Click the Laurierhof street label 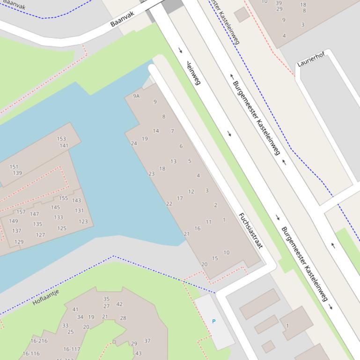tap(311, 59)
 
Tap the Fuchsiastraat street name tap(250, 230)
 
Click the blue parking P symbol tap(214, 322)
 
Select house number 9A tap(136, 96)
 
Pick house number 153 tap(61, 139)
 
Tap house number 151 tap(14, 167)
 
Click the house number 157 tap(21, 212)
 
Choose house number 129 tap(19, 242)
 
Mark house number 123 tap(83, 222)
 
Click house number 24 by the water tap(133, 144)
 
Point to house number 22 tap(169, 204)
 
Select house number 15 tap(215, 258)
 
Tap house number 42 tap(119, 304)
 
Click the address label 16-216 tap(39, 341)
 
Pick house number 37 tap(147, 341)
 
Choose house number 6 tap(181, 146)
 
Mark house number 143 tap(76, 201)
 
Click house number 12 tap(191, 192)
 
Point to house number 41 tap(75, 310)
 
